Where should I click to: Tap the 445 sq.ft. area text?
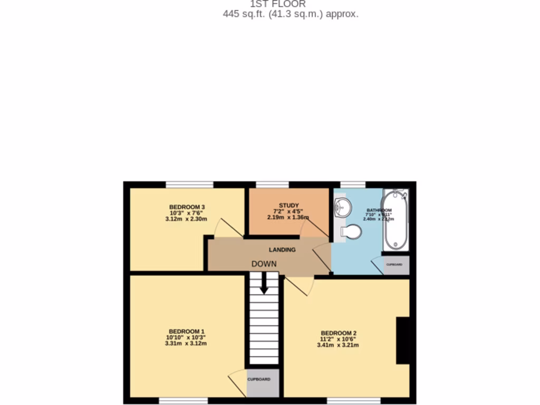(x=291, y=14)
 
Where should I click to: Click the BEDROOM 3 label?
(x=187, y=207)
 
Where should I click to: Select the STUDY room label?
(x=289, y=206)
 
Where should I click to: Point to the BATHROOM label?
(x=379, y=210)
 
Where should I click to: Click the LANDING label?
(x=282, y=249)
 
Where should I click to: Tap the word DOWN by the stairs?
(x=264, y=264)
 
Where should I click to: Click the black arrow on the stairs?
(x=264, y=285)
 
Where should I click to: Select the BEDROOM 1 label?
(x=186, y=331)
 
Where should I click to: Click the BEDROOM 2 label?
(x=339, y=333)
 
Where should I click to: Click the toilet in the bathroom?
(x=351, y=232)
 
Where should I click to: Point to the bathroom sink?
(x=341, y=207)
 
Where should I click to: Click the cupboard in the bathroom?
(x=396, y=265)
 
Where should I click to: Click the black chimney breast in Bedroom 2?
(x=403, y=340)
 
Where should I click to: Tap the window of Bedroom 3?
(x=190, y=185)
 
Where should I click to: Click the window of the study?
(x=273, y=185)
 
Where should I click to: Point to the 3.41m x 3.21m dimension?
(x=337, y=345)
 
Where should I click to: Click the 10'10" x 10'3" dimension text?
(x=186, y=337)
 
